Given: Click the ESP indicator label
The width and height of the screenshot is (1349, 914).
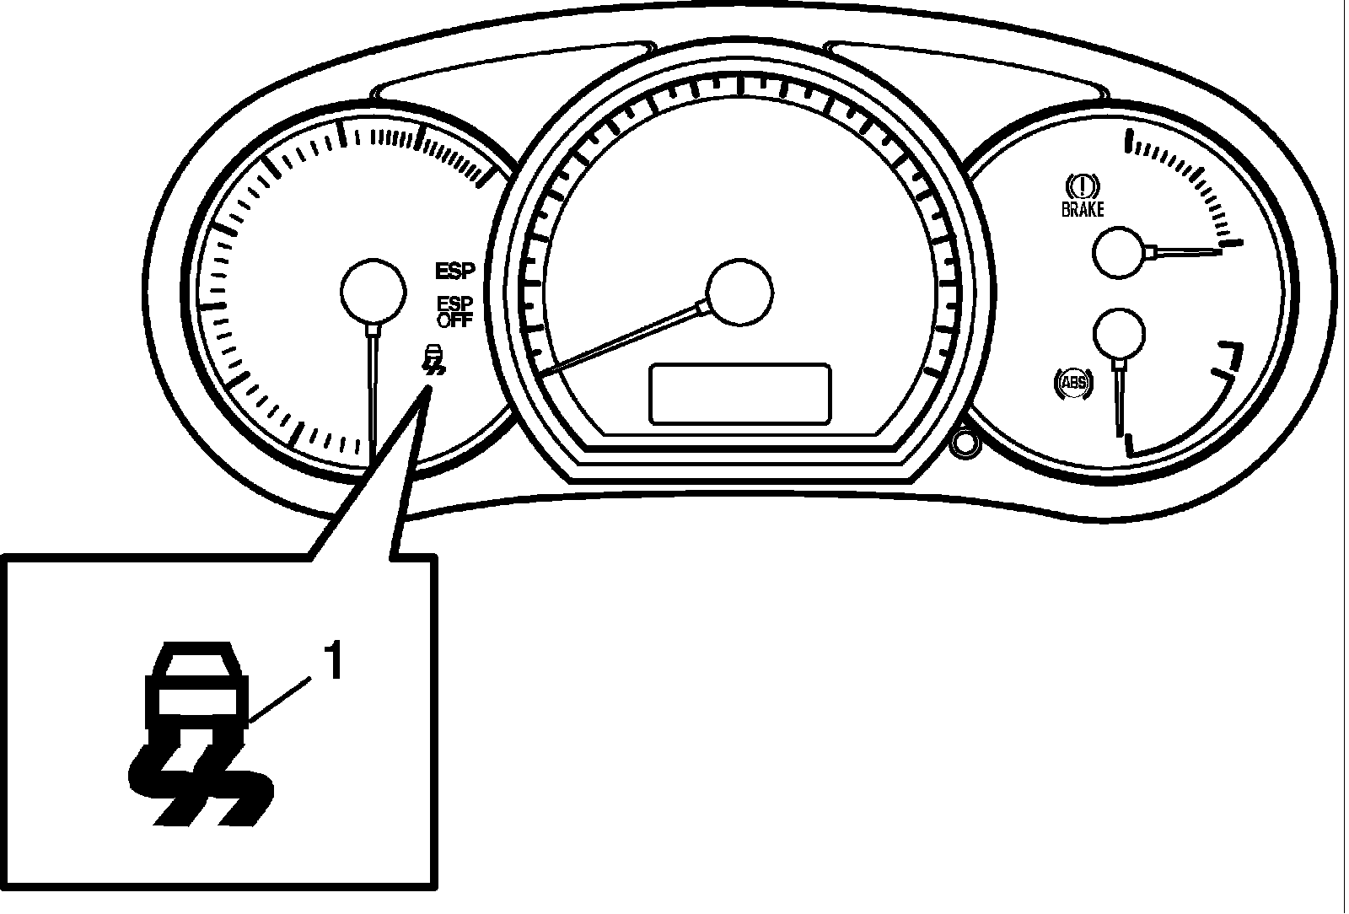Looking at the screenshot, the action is (x=455, y=272).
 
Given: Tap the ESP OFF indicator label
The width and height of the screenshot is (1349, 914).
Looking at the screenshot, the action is (x=455, y=311).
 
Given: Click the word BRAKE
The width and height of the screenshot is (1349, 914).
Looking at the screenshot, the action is (x=1083, y=210).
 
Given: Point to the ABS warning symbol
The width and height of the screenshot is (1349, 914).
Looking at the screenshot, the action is (x=1072, y=384).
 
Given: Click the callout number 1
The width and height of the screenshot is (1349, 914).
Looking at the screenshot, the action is (x=334, y=662).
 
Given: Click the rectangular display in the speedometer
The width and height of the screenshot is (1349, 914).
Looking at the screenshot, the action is (x=739, y=394).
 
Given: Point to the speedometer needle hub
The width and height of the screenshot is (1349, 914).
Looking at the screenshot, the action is (x=739, y=291).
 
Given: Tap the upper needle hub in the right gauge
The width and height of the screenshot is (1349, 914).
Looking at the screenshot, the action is (x=1121, y=251).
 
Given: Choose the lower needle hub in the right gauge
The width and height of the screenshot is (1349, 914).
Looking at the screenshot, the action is (x=1119, y=334).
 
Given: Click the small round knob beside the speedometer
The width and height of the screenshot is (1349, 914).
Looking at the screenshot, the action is (x=963, y=444).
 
